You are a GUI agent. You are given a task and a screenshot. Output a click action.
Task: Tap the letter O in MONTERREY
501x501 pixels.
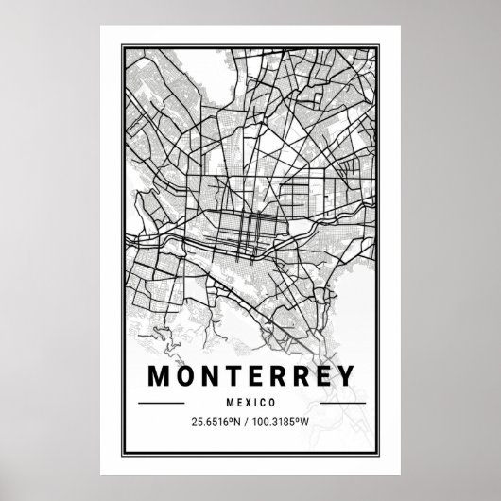point(186,375)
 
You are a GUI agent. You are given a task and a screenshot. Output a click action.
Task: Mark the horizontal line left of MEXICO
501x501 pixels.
point(162,403)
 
